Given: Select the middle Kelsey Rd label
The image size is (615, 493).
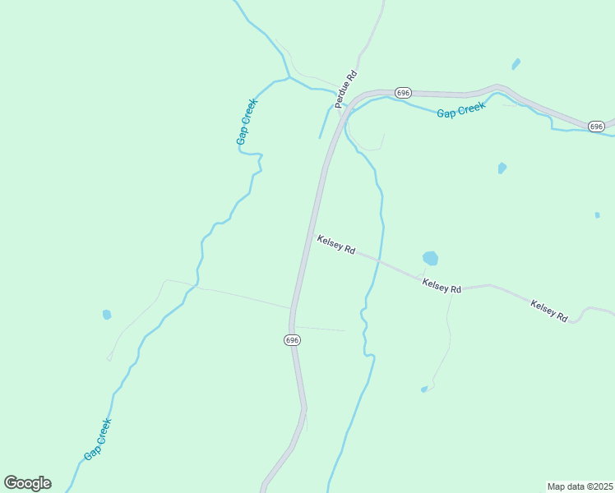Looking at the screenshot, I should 442,285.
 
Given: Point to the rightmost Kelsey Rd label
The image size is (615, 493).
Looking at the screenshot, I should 549,310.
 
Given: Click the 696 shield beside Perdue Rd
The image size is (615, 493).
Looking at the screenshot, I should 402,93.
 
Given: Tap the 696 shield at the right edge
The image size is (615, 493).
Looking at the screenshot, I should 597,126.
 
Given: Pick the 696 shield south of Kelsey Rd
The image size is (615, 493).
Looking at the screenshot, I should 293,339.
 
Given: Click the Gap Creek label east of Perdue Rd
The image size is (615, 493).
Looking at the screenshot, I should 461,110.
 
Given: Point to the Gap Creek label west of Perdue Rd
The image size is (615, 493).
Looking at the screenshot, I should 247,122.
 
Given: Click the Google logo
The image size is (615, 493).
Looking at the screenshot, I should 27,483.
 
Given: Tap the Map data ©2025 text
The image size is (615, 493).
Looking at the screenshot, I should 580,486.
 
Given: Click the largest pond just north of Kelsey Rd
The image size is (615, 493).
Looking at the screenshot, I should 430,258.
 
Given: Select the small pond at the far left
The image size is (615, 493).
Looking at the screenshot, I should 107,314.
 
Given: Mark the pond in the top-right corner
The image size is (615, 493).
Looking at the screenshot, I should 516,63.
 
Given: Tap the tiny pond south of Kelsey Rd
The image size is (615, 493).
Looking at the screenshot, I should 424,389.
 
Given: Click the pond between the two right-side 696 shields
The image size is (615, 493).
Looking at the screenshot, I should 502,168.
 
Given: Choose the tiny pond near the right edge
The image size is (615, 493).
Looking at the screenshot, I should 597,214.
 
